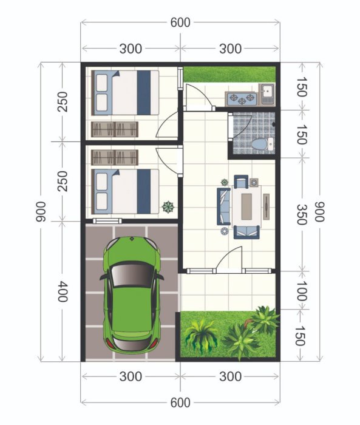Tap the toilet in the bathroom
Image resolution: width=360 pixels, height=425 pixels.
pyautogui.click(x=259, y=144)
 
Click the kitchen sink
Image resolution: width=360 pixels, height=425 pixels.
pyautogui.click(x=268, y=93)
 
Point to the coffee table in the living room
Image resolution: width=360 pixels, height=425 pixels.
pyautogui.click(x=248, y=205)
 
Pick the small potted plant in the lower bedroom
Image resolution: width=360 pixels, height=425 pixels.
pyautogui.click(x=167, y=206)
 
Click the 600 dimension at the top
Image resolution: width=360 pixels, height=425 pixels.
pyautogui.click(x=180, y=22)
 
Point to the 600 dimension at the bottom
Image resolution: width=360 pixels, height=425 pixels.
pyautogui.click(x=180, y=402)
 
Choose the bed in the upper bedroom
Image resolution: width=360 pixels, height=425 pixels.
pyautogui.click(x=124, y=93)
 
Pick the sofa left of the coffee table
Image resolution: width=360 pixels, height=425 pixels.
pyautogui.click(x=224, y=206)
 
